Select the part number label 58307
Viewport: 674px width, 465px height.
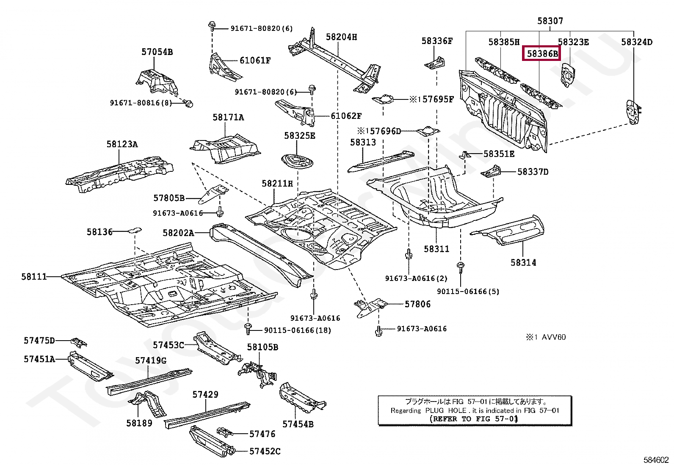[550, 21]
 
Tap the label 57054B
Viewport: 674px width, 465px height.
[157, 52]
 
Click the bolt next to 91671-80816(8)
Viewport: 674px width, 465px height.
[189, 103]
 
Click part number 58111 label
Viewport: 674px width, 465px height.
[34, 277]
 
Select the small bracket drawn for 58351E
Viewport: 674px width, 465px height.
[465, 155]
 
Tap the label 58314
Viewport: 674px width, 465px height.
[523, 263]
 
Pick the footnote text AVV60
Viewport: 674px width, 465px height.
[553, 337]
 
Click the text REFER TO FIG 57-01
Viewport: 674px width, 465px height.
[473, 419]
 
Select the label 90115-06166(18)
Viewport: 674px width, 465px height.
[297, 330]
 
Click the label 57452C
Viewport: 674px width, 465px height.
[265, 451]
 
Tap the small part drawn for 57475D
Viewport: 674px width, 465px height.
[79, 342]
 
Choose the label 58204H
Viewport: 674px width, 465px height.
[341, 37]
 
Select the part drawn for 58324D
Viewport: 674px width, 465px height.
[633, 112]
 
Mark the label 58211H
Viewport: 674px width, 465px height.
[277, 184]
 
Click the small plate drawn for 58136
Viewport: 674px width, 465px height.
[135, 231]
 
